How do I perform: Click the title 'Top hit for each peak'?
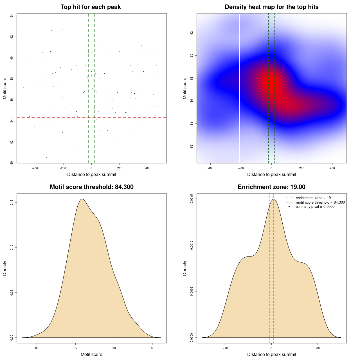point(91,7)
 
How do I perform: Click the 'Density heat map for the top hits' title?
point(271,7)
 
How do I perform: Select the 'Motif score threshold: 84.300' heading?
point(91,187)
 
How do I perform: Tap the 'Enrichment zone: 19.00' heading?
point(271,187)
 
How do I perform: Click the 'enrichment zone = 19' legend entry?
point(313,198)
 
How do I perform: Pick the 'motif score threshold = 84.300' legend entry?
point(320,202)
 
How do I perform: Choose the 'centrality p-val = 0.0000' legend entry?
point(315,207)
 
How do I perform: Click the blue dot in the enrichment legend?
point(289,207)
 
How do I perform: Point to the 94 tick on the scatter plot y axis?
point(12,16)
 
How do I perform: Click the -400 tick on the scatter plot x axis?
point(35,168)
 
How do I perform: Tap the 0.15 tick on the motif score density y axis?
point(12,202)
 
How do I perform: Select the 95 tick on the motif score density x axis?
point(152,348)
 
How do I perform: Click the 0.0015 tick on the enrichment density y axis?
point(192,199)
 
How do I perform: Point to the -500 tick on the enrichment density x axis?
point(226,348)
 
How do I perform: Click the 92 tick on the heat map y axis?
point(192,33)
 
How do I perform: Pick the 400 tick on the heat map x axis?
point(332,168)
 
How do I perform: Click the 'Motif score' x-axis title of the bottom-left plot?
point(91,355)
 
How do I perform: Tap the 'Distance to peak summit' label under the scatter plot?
point(92,175)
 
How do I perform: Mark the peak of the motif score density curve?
point(82,199)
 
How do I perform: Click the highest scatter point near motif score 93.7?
point(75,19)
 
